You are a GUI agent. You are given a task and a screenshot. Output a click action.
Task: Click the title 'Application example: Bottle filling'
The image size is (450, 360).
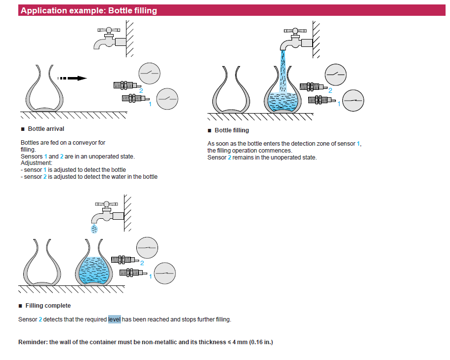pos(89,10)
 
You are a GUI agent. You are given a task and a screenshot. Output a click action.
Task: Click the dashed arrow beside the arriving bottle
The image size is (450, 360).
pos(72,78)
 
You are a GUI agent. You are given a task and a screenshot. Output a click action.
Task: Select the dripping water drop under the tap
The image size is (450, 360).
pos(94,229)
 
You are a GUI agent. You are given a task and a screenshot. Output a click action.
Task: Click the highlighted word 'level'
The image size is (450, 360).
pos(114,320)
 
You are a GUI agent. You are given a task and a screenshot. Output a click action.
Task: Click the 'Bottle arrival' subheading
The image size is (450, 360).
pos(46,129)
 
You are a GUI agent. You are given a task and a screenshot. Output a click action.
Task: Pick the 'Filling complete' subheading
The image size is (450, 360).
pos(48,306)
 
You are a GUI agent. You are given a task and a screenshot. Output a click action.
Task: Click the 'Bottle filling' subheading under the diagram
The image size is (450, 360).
pos(232,130)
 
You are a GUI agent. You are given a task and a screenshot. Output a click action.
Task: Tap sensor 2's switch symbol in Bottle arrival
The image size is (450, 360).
pos(150,74)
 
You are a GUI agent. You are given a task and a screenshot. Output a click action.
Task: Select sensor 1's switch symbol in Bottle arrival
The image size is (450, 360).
pos(167,99)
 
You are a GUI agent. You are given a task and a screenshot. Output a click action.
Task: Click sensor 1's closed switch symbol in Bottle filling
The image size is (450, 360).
pos(353,100)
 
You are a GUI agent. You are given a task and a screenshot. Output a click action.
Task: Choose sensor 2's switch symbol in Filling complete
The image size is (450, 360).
pos(147,248)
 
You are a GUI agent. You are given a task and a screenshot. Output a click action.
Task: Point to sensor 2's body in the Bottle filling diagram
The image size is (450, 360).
pos(313,86)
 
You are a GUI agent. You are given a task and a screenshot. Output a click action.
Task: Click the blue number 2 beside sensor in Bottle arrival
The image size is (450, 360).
pos(141,91)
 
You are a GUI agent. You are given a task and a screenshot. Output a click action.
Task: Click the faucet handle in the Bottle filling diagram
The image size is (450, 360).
pos(295,31)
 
